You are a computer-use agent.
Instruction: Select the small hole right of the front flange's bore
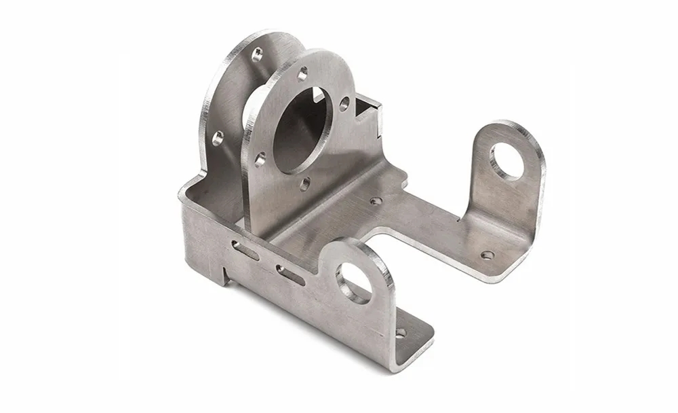[x=344, y=103]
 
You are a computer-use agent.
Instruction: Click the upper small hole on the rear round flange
[x=257, y=54]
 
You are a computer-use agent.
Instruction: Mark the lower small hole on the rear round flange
[x=218, y=139]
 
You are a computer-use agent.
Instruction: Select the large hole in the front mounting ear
[x=353, y=283]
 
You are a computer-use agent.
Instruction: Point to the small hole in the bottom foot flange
[x=400, y=333]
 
